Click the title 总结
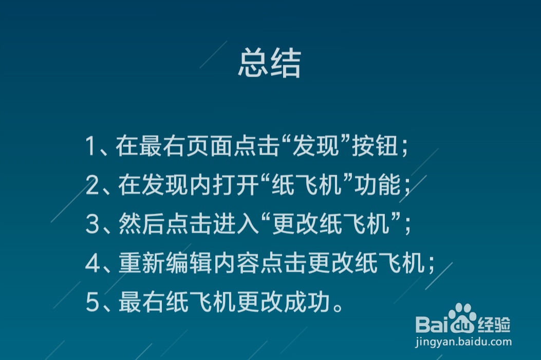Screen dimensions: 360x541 [269, 64]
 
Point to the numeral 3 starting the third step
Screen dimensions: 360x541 [92, 225]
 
